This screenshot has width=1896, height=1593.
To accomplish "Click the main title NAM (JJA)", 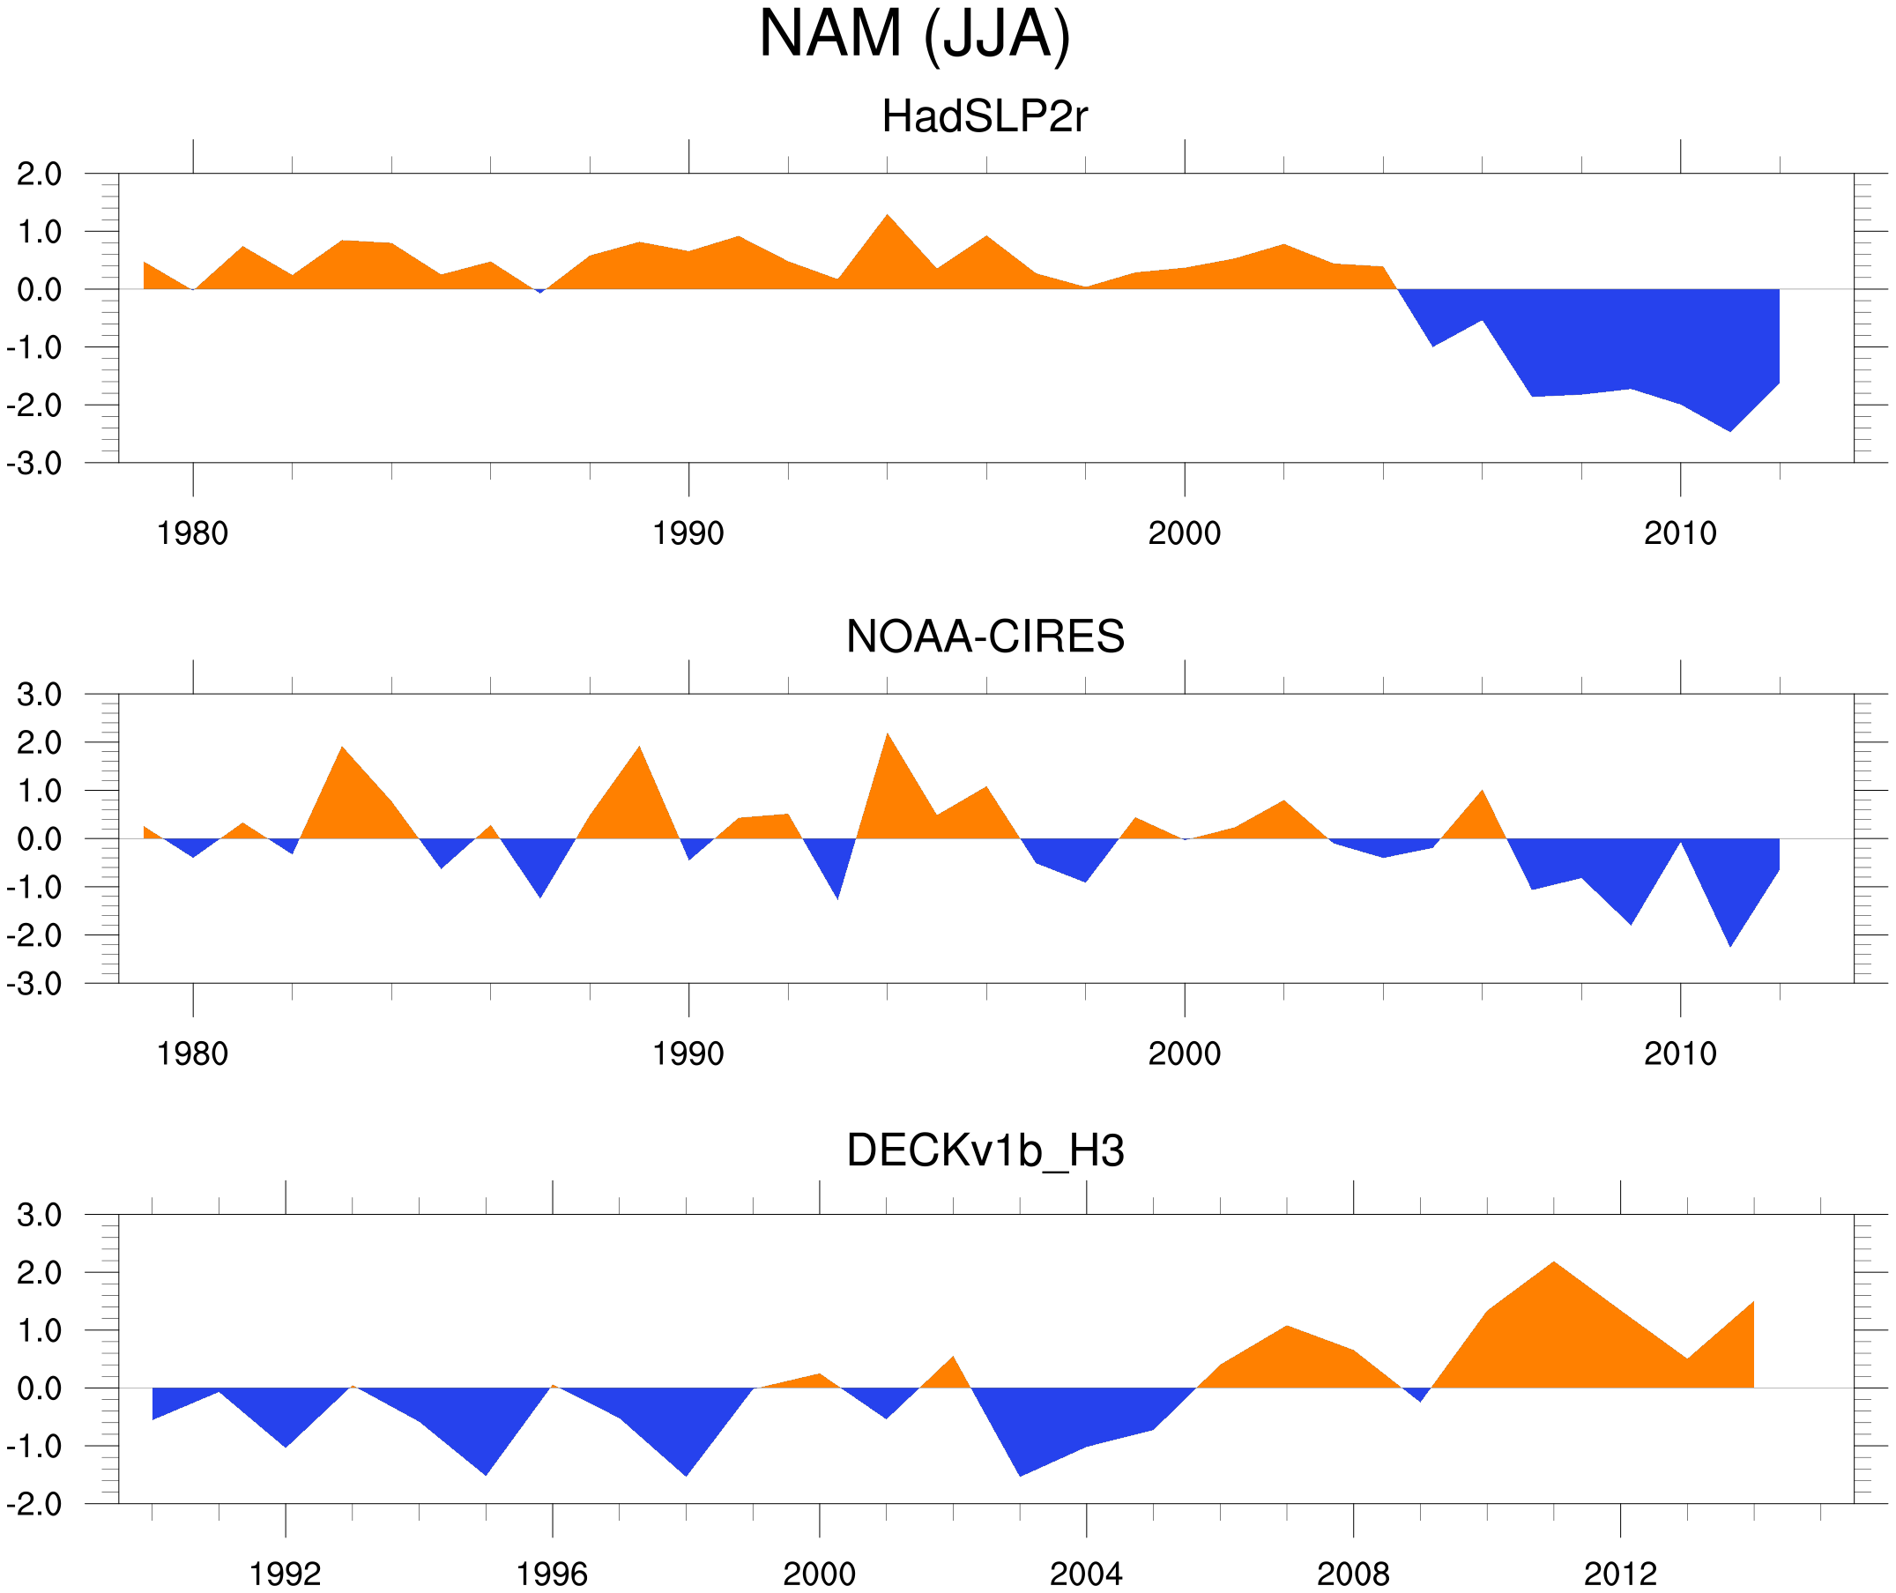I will (x=914, y=34).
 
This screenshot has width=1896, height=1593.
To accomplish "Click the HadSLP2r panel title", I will (x=984, y=116).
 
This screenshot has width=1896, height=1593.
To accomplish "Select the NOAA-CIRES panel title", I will (x=984, y=636).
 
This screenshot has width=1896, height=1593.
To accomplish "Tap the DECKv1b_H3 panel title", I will (x=984, y=1150).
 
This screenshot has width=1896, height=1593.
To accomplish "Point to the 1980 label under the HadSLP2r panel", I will (x=192, y=533).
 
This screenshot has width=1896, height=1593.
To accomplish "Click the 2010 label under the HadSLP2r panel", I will (x=1679, y=533).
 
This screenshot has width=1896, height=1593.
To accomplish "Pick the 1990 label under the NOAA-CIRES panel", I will (x=688, y=1053).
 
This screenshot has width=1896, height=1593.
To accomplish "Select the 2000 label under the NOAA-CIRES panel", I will (x=1184, y=1053).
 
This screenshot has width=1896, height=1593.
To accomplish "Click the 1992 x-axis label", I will (x=286, y=1574).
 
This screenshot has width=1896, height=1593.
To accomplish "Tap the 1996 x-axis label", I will (x=552, y=1574).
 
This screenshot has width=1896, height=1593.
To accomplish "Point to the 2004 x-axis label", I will (x=1085, y=1574).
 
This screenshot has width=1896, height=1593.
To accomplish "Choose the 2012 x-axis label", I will (x=1620, y=1574).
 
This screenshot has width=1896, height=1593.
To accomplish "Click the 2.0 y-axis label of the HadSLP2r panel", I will (x=39, y=175).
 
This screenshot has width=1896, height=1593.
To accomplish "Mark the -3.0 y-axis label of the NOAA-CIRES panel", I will (x=34, y=984).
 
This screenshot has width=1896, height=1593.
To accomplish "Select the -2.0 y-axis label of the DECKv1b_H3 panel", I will (x=34, y=1505).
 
